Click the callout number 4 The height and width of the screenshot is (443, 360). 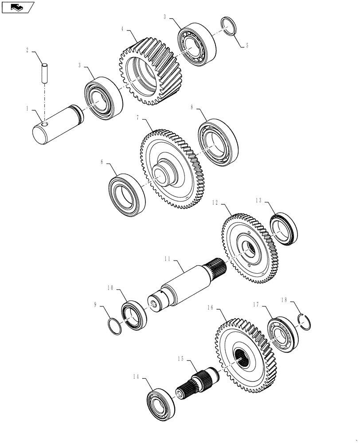coord(122,29)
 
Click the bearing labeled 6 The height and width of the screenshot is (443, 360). coord(128,196)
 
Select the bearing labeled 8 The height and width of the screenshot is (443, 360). coord(218,142)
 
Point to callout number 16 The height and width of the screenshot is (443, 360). coord(211,307)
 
